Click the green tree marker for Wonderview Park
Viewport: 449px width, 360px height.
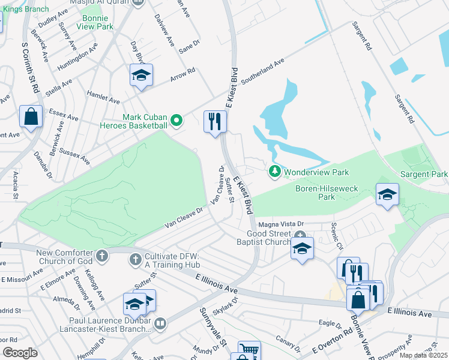pos(275,172)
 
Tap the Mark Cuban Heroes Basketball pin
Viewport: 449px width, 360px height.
pos(176,121)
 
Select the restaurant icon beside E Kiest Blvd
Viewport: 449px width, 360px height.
pos(214,122)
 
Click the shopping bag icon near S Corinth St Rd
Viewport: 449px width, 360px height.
pos(31,116)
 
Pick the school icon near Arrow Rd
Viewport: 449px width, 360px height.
pos(141,75)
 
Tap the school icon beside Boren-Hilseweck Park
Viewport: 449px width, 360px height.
pos(387,194)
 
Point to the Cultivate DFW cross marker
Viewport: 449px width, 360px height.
pos(136,260)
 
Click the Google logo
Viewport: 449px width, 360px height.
pos(20,353)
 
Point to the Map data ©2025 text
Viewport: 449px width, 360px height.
pos(423,355)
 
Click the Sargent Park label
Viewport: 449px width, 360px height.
pos(423,174)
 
